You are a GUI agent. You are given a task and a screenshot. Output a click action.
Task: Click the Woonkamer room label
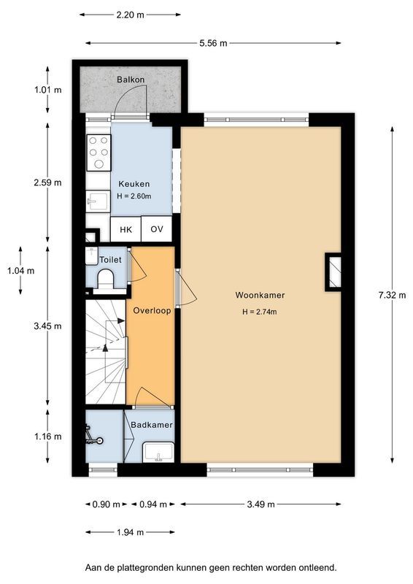(260, 296)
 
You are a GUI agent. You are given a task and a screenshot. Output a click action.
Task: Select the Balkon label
(131, 79)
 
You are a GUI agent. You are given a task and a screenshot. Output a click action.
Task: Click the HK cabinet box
(126, 229)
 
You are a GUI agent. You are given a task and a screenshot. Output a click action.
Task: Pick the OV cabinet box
(156, 229)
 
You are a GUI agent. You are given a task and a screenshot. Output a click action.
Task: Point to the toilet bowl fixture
(105, 280)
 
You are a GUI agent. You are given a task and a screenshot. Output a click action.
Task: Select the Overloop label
(152, 310)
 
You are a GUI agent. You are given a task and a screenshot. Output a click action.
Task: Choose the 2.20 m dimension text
(130, 14)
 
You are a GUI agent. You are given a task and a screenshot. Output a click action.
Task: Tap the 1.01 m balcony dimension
(47, 90)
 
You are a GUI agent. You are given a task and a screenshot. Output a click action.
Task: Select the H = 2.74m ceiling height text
(260, 312)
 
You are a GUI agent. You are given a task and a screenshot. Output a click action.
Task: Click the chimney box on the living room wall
(333, 271)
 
